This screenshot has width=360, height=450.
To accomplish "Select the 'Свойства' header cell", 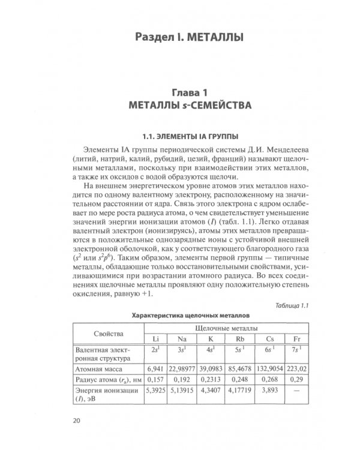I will click(x=109, y=332).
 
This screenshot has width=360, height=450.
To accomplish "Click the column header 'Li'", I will click(x=155, y=338).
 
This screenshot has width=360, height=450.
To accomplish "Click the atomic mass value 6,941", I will click(x=155, y=368).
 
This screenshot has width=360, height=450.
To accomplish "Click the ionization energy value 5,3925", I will click(x=155, y=391).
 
